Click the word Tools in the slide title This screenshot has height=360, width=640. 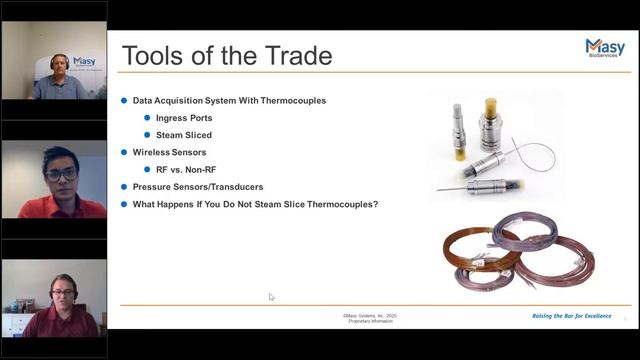155,55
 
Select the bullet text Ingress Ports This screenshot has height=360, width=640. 184,118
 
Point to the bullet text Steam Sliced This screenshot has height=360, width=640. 184,135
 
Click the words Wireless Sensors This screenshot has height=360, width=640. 169,152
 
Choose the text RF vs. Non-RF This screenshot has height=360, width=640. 189,169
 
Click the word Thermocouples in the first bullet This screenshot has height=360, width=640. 290,101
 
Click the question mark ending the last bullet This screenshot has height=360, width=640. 376,204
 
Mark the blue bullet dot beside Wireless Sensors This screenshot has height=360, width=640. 124,152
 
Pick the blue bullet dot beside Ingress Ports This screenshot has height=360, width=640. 147,118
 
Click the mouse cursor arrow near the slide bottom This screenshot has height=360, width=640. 271,297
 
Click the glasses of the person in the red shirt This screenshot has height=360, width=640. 61,175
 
